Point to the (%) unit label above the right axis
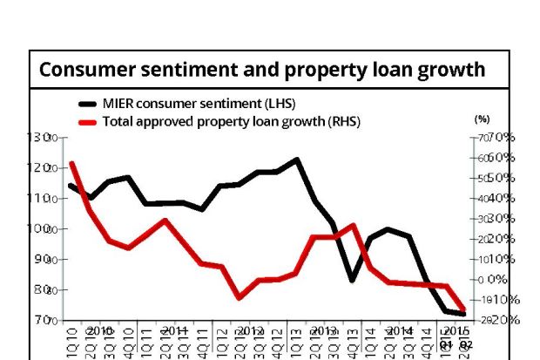483,119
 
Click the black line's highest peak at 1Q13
298,160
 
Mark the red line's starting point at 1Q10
71,163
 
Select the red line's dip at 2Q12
240,298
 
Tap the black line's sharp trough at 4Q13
352,280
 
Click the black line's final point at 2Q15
463,314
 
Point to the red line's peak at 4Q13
352,225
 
